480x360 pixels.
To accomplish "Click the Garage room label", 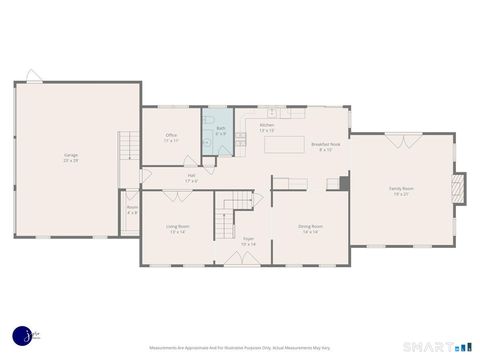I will pos(71,157).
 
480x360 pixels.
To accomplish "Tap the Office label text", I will pos(172,139).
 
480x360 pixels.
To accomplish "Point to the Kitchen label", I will pos(267,128).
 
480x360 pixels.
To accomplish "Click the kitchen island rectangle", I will pos(285,144).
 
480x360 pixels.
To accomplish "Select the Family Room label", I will pos(401,190).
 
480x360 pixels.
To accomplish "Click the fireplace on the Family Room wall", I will pos(458,188).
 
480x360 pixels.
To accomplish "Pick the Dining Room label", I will pos(310,228).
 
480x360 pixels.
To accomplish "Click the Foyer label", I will pos(248,241).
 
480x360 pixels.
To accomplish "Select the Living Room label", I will pos(178,228).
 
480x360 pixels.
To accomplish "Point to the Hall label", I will pos(191,178).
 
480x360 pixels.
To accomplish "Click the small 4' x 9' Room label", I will pos(132,210).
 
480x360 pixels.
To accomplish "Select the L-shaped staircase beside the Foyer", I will pos(234,210).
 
